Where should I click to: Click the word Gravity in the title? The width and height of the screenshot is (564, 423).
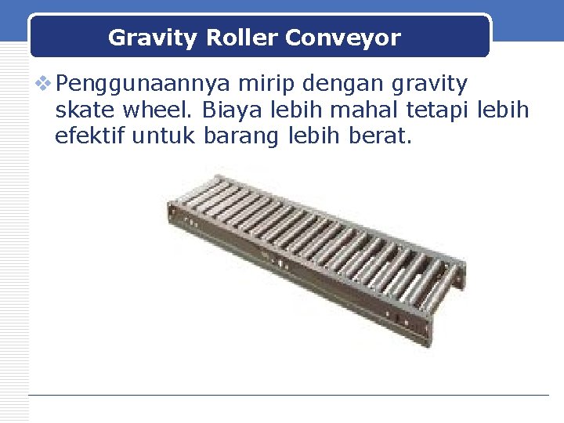tap(141, 38)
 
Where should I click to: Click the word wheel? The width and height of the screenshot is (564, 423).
tap(153, 110)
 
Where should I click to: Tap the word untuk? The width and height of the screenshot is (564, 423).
tap(164, 139)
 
